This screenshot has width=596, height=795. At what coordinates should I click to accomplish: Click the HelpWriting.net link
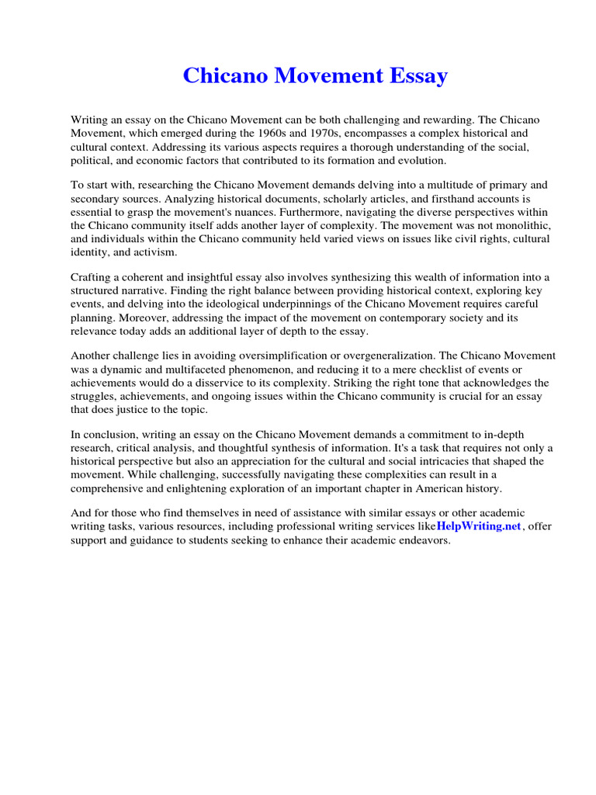click(x=478, y=526)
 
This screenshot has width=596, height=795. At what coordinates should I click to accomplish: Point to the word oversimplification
click(x=296, y=356)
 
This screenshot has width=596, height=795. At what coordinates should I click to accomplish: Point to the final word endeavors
click(x=423, y=540)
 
